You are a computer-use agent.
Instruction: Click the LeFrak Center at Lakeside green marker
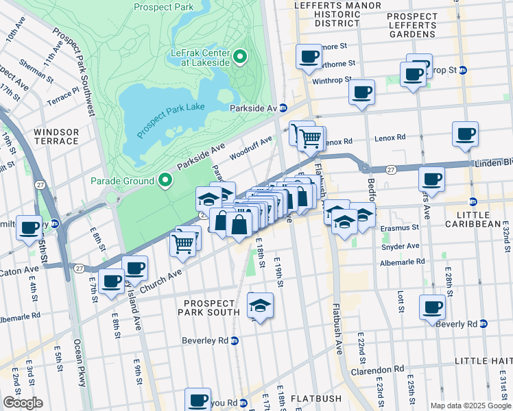tap(241, 57)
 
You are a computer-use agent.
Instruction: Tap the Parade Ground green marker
tap(165, 181)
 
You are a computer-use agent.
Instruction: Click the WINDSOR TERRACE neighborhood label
tap(55, 136)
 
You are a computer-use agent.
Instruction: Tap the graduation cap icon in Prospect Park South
tap(260, 306)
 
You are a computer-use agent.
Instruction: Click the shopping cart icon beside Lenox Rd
tap(311, 138)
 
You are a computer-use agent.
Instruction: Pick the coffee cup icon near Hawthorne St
tap(309, 56)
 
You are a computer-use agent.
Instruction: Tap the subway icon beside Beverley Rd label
tap(235, 340)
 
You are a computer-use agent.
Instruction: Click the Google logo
tap(23, 403)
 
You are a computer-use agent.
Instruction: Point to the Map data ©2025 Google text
tap(470, 406)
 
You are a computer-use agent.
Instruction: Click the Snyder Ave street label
tap(401, 246)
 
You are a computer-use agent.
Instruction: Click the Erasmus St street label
tap(401, 227)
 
